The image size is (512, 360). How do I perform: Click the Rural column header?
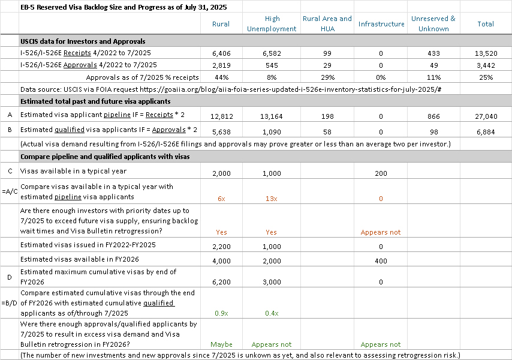tap(221, 23)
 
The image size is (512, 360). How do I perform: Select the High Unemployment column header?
tap(272, 23)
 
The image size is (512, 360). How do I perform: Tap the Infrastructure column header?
tap(381, 23)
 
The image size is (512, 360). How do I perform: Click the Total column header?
tap(486, 23)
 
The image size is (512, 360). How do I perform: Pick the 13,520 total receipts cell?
tap(486, 53)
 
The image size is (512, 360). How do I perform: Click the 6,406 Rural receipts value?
tap(221, 53)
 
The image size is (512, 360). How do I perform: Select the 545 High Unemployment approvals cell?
tap(272, 65)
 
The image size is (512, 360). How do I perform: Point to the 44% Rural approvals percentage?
tap(221, 77)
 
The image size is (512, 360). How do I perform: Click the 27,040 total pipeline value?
tap(486, 115)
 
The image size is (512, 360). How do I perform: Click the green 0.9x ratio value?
tap(221, 313)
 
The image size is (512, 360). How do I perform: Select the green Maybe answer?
tap(221, 344)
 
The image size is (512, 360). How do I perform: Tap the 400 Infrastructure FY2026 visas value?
tap(381, 260)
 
